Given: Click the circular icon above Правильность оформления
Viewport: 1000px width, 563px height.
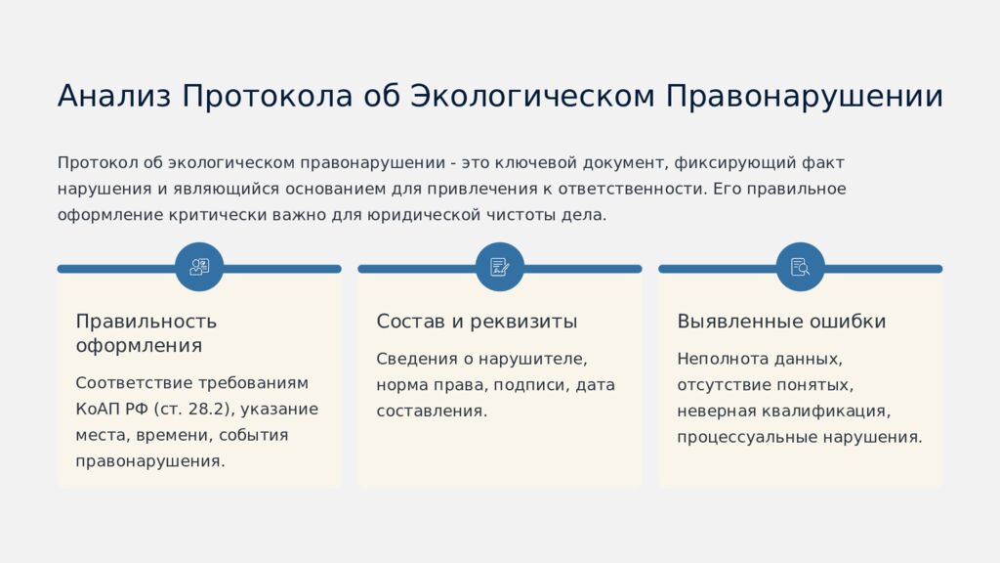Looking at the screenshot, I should coord(199,267).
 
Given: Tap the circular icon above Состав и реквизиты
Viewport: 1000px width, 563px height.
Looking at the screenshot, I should coord(500,267).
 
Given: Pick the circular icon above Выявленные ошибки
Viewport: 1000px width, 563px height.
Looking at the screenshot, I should coord(801,267).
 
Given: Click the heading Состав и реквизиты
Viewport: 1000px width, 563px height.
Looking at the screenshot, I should coord(477,322).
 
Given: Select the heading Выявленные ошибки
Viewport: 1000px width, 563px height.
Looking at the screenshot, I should coord(781,322).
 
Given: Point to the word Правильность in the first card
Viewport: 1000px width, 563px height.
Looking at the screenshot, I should coord(146,322).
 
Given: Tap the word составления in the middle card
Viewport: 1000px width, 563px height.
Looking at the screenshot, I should coord(431,411).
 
